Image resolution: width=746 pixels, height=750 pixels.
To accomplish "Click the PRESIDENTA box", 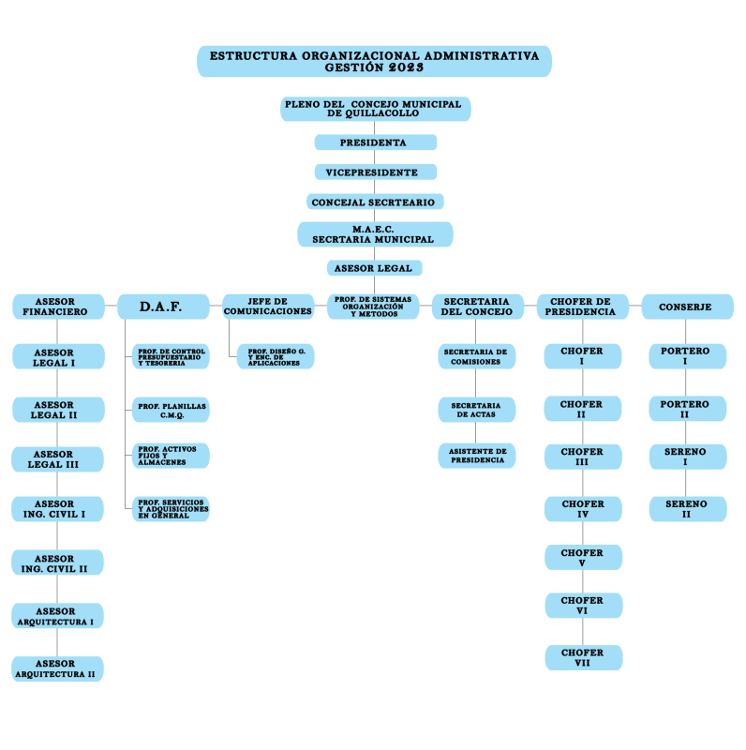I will tap(375, 142).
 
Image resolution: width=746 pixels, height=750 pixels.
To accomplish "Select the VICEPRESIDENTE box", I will tap(375, 172).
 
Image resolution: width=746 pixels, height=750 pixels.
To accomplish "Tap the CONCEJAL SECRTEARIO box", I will tap(375, 202).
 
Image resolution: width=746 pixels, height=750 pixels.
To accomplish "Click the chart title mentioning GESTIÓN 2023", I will tap(374, 62).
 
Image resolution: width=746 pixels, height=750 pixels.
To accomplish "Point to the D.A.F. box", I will tap(162, 307).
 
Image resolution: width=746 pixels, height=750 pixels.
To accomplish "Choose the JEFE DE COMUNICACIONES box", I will tap(268, 307).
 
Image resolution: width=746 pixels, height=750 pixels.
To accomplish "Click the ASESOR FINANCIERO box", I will tap(57, 307).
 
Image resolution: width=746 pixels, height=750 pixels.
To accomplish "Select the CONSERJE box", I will tap(687, 307).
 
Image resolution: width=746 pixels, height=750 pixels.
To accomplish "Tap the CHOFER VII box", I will tap(583, 657).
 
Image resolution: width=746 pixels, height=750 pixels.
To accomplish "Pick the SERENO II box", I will tap(687, 509).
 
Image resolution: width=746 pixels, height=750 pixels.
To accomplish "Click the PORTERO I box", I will tap(687, 356).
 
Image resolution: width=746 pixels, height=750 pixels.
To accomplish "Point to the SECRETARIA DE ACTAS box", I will tap(476, 410).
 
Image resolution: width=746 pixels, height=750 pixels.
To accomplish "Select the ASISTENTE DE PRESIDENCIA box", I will tap(476, 456).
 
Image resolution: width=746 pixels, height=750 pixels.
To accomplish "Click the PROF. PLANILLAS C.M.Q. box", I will tap(171, 410).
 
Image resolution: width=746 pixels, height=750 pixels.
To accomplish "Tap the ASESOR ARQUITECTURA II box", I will tap(57, 668).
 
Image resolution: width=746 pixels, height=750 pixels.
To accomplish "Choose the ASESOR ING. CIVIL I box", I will tap(57, 509).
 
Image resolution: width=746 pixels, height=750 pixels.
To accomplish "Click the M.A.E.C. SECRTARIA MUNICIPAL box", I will tap(375, 234).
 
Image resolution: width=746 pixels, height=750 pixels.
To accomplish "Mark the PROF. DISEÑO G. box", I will tap(276, 356).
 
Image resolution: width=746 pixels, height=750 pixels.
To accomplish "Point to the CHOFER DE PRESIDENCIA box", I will tap(583, 307).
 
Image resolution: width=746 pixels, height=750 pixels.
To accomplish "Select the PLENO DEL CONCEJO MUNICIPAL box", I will tap(375, 109).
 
